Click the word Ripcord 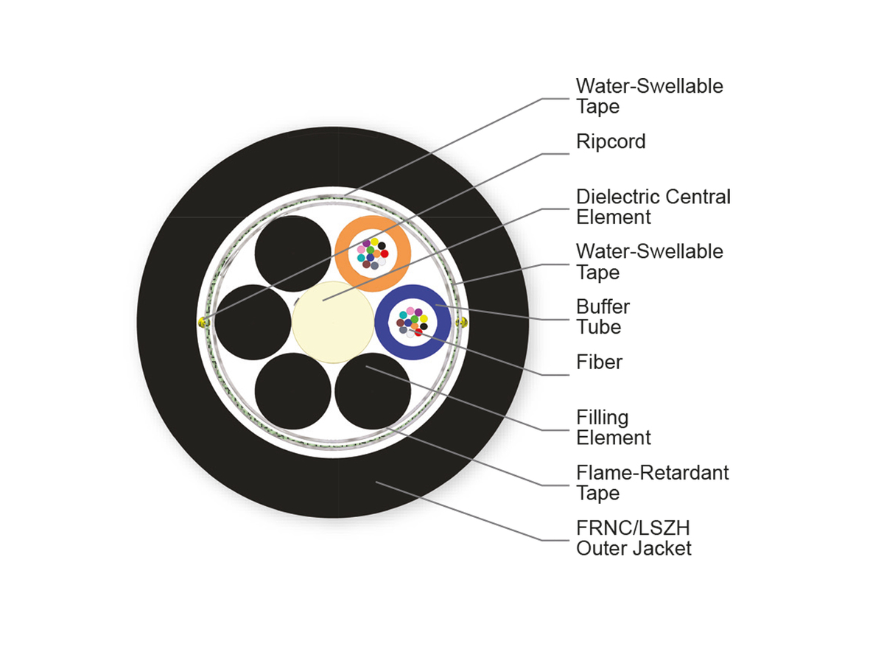611,141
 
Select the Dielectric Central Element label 653,207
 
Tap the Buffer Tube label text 603,316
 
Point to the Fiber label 599,362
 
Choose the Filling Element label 613,427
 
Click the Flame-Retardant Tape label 652,483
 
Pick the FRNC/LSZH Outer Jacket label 634,538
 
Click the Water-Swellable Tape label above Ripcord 649,96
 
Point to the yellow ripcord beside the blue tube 463,323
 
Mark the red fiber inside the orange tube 385,253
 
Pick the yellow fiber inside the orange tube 374,242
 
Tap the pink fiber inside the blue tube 410,311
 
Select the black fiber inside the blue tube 424,326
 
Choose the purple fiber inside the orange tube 366,243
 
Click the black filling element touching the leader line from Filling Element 373,391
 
